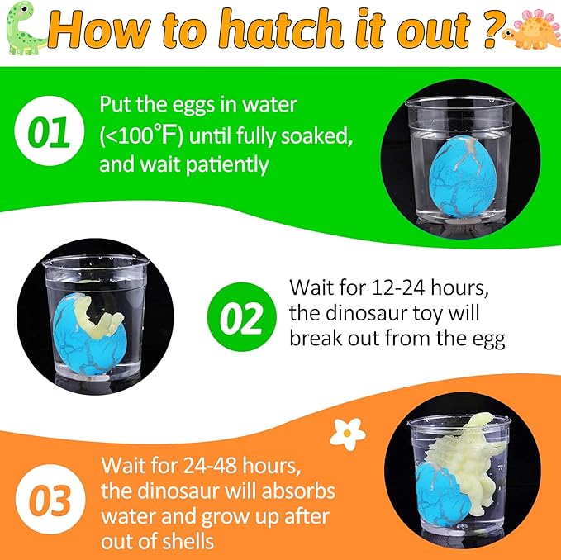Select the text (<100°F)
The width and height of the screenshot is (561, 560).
coord(153,135)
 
